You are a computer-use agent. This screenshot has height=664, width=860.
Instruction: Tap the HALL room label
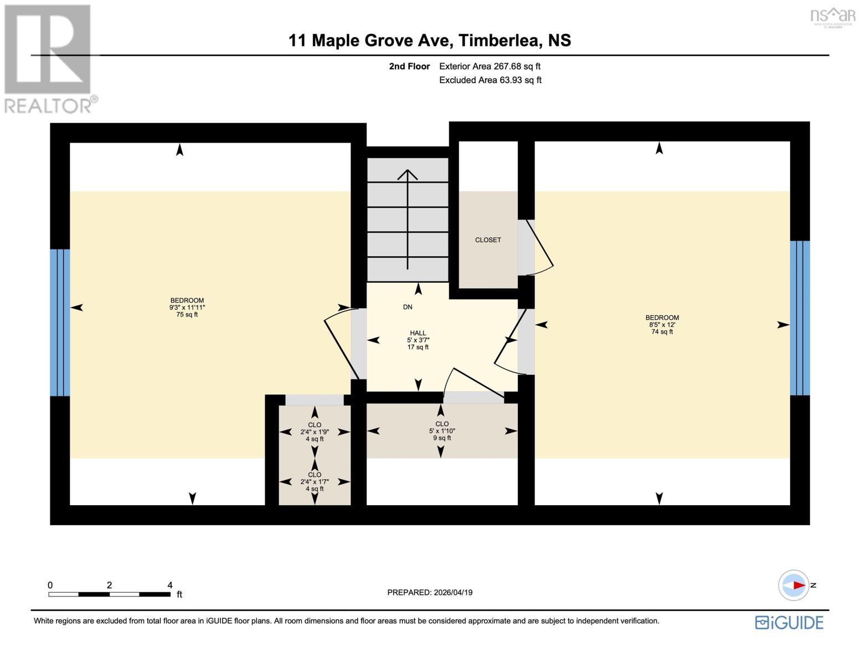click(x=418, y=333)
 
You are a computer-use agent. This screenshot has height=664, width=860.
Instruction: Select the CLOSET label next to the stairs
click(x=488, y=240)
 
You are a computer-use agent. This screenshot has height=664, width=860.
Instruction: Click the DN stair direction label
click(x=408, y=307)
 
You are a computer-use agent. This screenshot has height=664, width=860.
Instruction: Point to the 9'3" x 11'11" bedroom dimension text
click(x=187, y=308)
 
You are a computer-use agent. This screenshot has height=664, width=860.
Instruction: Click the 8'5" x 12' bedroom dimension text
click(x=662, y=325)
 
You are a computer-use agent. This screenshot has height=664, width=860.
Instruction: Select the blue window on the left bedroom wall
click(x=60, y=323)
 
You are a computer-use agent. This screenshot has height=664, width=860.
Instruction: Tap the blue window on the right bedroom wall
click(x=800, y=318)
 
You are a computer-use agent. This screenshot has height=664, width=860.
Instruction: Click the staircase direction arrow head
click(x=408, y=174)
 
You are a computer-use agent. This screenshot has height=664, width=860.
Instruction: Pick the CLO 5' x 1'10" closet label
click(x=441, y=430)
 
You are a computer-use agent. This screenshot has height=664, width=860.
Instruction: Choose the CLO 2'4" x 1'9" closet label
click(x=315, y=432)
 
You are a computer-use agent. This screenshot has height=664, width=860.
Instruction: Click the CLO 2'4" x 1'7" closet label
click(x=315, y=481)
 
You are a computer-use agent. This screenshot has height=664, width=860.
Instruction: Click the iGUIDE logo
click(x=789, y=622)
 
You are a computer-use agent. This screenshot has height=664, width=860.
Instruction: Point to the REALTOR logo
click(x=49, y=59)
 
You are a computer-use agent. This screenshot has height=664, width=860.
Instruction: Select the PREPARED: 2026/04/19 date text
click(x=430, y=593)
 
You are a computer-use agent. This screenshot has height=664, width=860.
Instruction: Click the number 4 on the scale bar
click(x=169, y=585)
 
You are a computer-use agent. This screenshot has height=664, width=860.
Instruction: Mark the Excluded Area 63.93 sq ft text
click(x=490, y=80)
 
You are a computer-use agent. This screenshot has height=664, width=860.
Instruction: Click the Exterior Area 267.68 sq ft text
click(x=490, y=66)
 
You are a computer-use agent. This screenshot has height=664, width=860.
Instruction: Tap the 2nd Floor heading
click(x=409, y=66)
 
